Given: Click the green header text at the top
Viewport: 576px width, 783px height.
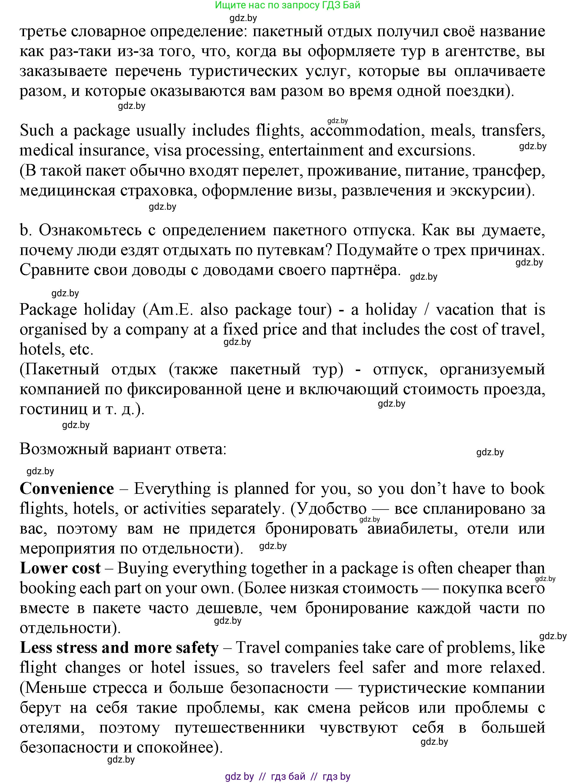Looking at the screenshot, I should (287, 5).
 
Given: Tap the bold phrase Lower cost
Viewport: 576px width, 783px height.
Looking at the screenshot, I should (60, 568).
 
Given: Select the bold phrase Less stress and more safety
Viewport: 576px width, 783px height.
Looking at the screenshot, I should (119, 648).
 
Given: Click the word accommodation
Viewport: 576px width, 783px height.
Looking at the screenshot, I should (365, 131).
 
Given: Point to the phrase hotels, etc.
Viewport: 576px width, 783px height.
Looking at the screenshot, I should (56, 349).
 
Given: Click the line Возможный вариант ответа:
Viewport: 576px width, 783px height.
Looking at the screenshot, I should (123, 449).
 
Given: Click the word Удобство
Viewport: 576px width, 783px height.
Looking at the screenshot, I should (329, 509).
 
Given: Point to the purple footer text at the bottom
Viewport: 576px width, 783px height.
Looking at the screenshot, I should (288, 776).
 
